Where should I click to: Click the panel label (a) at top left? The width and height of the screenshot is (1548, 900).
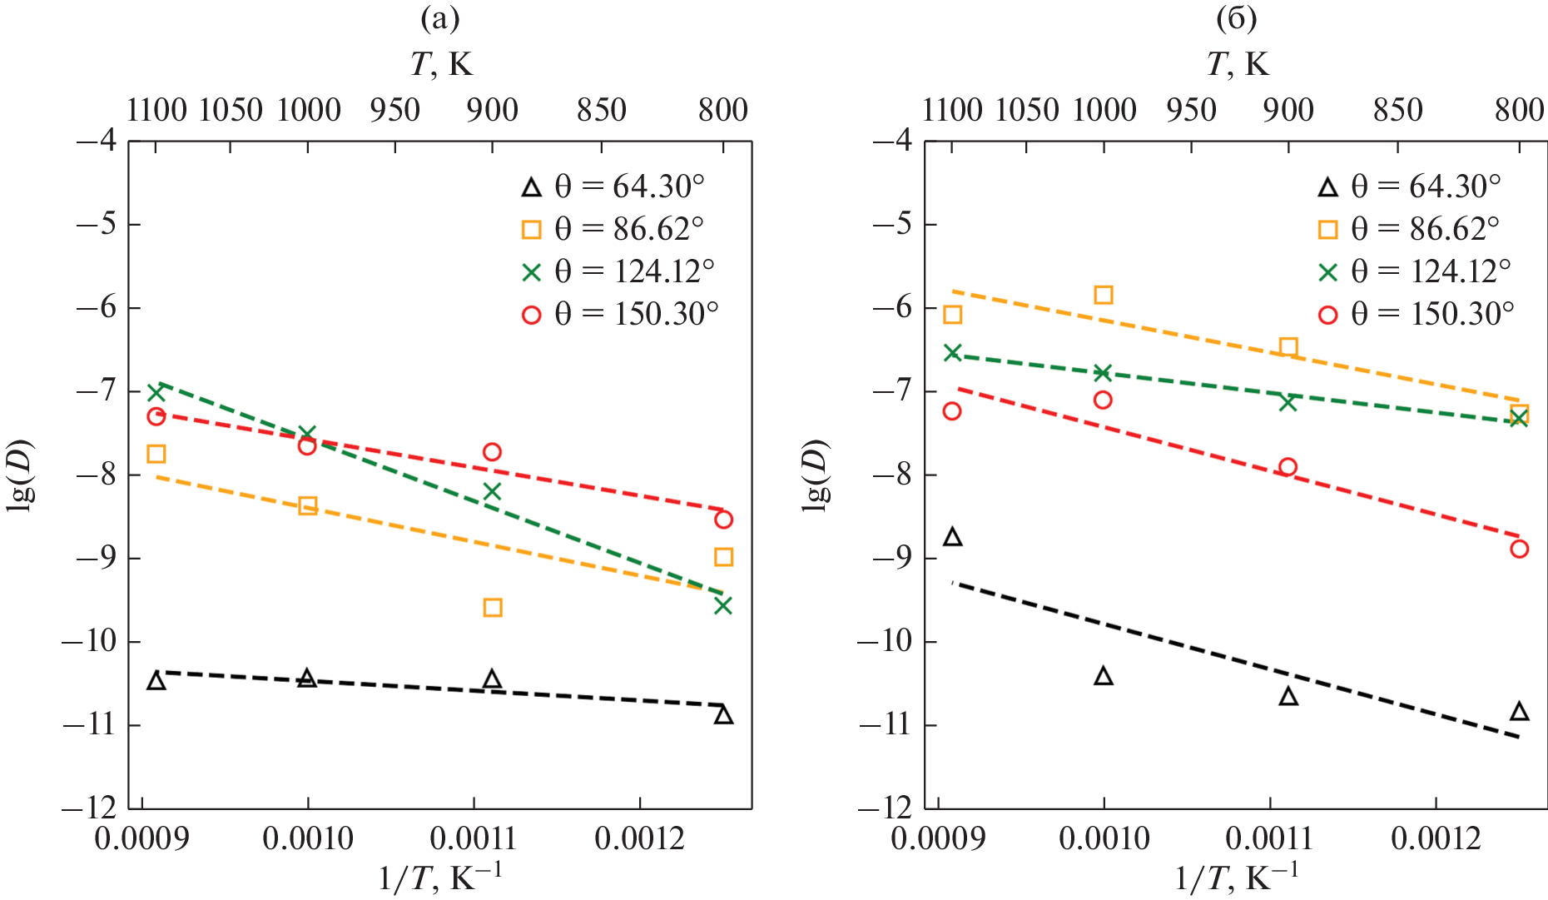point(439,18)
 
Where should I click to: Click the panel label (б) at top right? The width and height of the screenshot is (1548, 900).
point(1236,18)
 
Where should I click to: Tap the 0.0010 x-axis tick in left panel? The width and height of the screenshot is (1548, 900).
point(308,838)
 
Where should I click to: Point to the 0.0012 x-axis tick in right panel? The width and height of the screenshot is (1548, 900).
point(1436,838)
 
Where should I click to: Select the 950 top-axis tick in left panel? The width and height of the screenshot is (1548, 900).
point(394,110)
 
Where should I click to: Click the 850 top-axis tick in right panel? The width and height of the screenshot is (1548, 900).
point(1399,110)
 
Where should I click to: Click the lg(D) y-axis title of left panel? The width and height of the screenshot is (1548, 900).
point(20,474)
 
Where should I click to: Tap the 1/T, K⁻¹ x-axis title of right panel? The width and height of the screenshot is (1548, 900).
point(1236,877)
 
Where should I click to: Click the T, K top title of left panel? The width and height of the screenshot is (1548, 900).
point(441,63)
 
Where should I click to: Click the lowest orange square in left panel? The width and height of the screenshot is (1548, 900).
point(493,608)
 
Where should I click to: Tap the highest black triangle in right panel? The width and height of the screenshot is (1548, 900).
point(953,537)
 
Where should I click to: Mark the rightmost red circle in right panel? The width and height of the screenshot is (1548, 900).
point(1520,549)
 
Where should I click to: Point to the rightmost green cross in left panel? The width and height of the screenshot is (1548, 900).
point(723,605)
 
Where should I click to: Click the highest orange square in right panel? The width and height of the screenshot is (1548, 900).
point(1104,295)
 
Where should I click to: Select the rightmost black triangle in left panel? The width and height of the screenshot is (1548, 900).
point(723,715)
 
